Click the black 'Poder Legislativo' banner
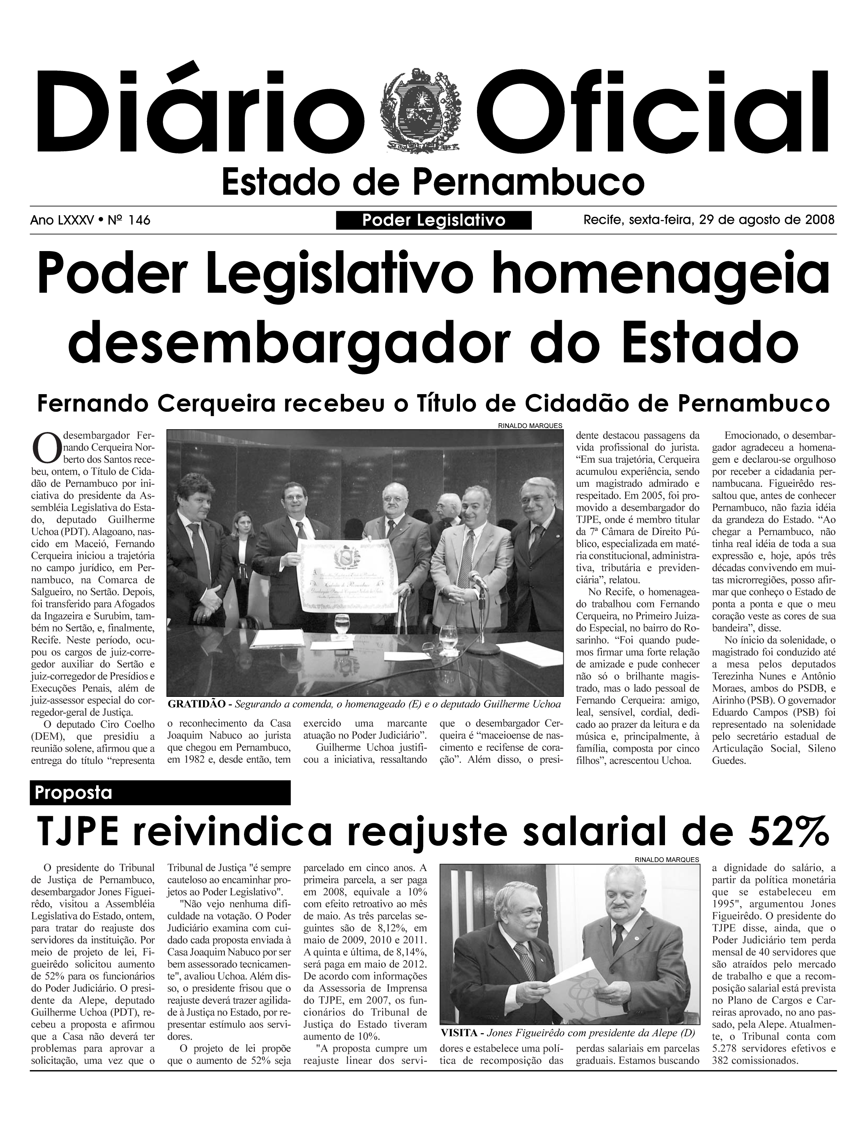tap(434, 221)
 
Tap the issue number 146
tap(140, 221)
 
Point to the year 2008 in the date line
tap(820, 220)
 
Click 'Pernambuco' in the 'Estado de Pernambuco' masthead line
tap(529, 182)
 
